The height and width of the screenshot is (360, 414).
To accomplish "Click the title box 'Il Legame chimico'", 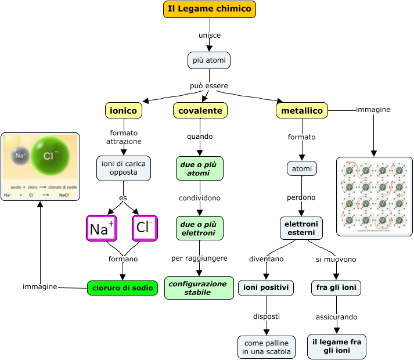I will [210, 9].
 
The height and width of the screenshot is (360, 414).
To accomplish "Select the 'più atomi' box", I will [210, 60].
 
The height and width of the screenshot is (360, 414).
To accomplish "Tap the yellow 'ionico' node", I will [123, 110].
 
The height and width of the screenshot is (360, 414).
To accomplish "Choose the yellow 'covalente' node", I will [200, 110].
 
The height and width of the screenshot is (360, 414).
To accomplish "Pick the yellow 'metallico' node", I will [302, 110].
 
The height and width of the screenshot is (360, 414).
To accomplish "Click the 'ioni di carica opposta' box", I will [123, 168].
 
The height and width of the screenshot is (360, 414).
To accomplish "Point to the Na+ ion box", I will [102, 228].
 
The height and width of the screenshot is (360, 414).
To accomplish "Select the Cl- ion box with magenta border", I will [145, 228].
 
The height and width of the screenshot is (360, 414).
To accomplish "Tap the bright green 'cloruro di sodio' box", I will [123, 287].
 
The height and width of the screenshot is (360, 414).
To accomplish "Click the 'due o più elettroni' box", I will [200, 228].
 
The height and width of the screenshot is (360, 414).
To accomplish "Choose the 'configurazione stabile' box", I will [200, 288].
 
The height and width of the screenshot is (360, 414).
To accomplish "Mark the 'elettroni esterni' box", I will [301, 228].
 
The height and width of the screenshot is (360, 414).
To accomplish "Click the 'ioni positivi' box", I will [266, 287].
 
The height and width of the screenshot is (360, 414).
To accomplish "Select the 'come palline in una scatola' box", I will [267, 347].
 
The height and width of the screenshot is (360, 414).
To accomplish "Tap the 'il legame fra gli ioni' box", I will [337, 347].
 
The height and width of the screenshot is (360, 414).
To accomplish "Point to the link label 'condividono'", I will [200, 198].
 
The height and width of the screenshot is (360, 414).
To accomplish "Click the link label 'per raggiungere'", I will [200, 258].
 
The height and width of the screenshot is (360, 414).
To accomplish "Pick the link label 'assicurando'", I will [337, 317].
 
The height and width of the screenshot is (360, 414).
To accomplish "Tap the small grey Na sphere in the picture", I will [21, 156].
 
